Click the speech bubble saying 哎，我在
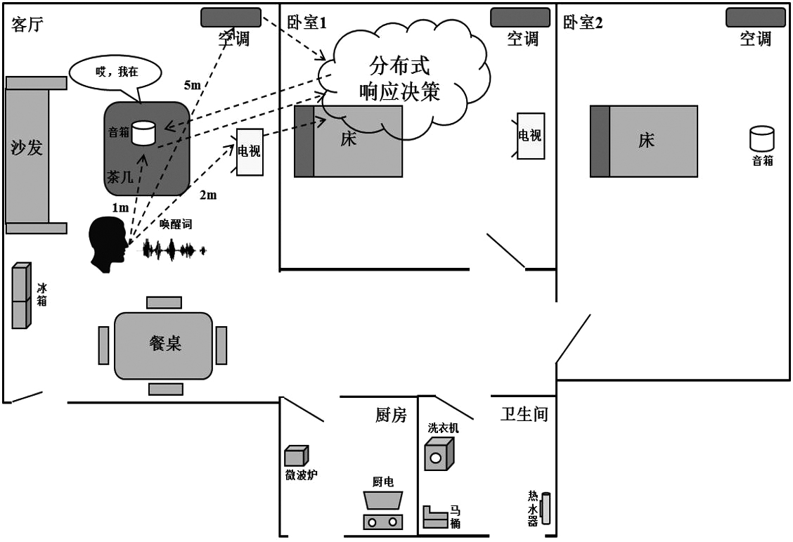coord(115,71)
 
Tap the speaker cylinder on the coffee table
coord(143,133)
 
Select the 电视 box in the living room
coord(250,152)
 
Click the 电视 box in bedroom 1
coord(531,136)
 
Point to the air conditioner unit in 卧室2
coord(755,18)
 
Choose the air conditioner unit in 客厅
coord(231,18)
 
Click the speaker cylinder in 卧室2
coord(761,138)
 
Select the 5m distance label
coord(192,85)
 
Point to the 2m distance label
coord(208,195)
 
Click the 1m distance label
coord(120,207)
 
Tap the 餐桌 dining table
coord(164,344)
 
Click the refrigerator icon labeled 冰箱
coord(21,295)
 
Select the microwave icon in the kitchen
coord(295,456)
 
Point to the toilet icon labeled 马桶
coord(434,517)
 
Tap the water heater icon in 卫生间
coord(546,508)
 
